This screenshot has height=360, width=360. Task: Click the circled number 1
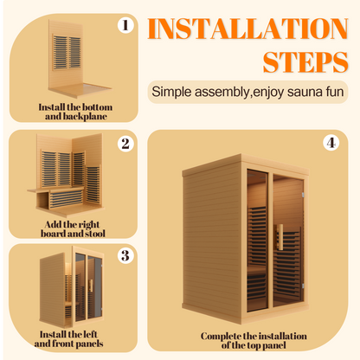click(x=125, y=25)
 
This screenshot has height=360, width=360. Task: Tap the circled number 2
click(x=125, y=144)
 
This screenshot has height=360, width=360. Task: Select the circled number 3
click(x=125, y=255)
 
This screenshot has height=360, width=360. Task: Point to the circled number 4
click(x=331, y=143)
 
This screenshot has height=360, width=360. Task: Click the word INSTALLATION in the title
click(x=247, y=29)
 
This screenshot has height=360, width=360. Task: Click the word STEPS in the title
click(x=305, y=62)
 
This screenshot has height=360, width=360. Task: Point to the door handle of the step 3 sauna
click(x=91, y=286)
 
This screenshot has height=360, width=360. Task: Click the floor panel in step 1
click(x=80, y=90)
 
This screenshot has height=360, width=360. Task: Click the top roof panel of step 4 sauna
click(x=246, y=165)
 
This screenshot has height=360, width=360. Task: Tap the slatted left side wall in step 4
click(x=213, y=241)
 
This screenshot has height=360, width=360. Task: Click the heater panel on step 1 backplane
click(x=67, y=52)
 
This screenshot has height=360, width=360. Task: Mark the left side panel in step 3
click(x=52, y=290)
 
